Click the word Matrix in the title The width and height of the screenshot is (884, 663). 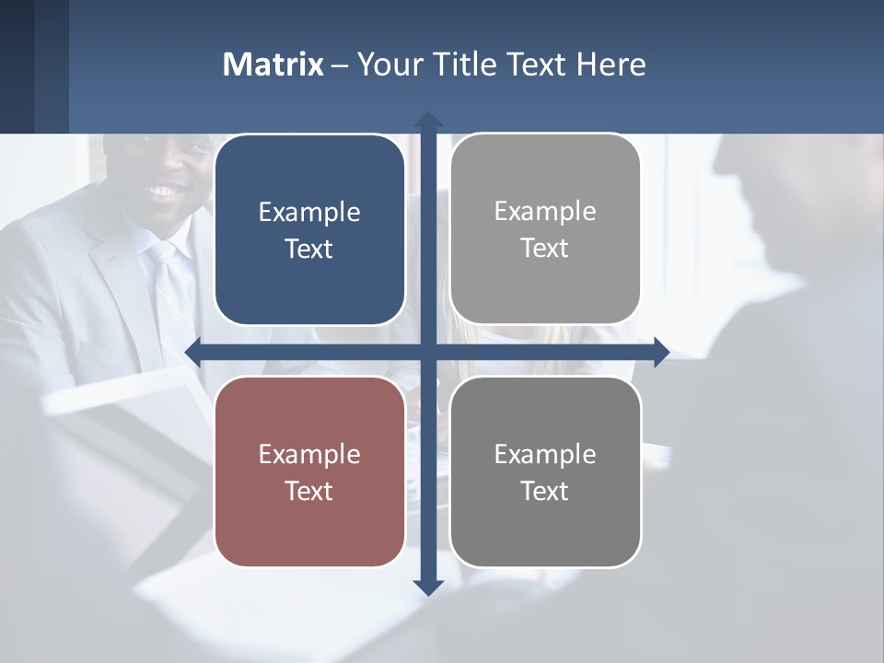[273, 64]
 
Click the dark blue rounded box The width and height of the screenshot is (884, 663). [309, 229]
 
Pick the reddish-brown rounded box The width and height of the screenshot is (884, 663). [309, 471]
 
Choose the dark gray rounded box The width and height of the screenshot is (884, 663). [545, 471]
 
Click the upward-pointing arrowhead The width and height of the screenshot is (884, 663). [428, 120]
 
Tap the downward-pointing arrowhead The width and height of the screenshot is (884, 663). [428, 587]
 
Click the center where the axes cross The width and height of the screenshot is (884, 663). [428, 352]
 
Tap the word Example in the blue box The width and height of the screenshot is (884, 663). [309, 213]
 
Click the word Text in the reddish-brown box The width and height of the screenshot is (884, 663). [309, 491]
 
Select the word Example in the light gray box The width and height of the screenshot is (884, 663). [545, 212]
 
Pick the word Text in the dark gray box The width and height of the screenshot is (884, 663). [545, 491]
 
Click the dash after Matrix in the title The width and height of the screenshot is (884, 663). [339, 65]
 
